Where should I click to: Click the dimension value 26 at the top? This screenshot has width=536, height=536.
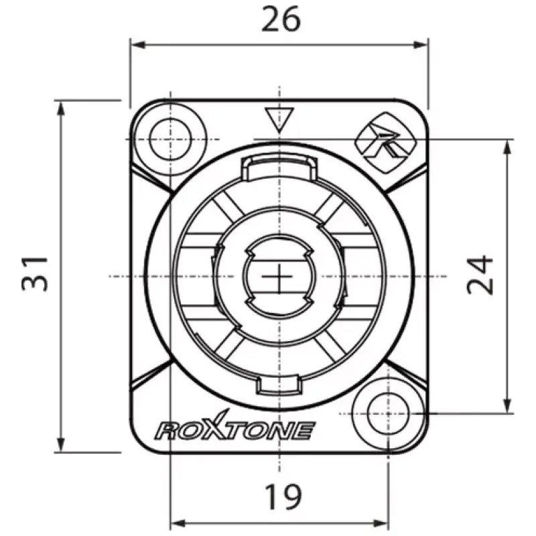click(281, 20)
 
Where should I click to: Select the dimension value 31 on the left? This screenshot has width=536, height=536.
click(35, 273)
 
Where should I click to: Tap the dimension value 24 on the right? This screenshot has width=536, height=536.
click(480, 275)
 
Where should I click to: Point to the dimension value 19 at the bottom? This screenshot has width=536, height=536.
click(283, 496)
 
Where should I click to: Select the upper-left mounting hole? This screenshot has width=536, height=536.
click(170, 139)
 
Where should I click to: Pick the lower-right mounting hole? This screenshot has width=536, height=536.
click(388, 413)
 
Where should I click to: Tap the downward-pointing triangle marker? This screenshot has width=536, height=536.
click(279, 119)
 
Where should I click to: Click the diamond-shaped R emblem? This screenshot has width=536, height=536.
click(387, 142)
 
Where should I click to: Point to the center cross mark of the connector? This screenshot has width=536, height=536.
click(279, 276)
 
